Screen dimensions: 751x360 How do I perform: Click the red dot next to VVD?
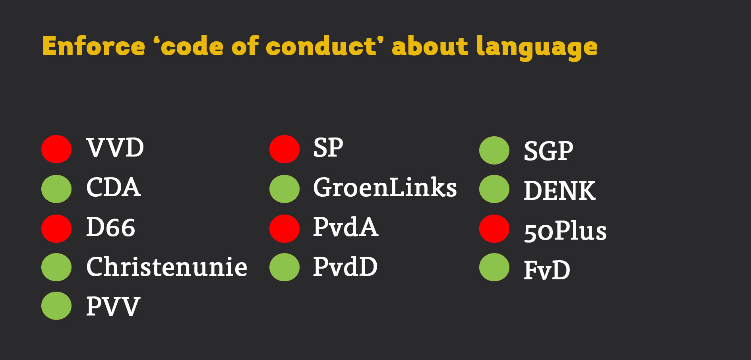tap(56, 149)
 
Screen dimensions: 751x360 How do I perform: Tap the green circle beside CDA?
tap(56, 189)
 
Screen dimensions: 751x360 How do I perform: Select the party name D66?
tap(111, 227)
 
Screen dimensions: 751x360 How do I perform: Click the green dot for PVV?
tap(56, 306)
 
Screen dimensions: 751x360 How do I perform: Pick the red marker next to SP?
tap(285, 149)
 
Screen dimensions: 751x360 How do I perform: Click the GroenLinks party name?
tap(385, 187)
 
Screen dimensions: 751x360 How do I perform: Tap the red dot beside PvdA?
tap(285, 228)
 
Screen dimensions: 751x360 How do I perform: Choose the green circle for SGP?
tap(494, 150)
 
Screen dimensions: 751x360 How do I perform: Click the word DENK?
tap(559, 191)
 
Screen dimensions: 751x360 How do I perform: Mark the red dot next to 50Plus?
tap(494, 228)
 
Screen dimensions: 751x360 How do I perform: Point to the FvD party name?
tap(547, 270)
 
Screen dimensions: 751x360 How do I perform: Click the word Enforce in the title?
tap(94, 46)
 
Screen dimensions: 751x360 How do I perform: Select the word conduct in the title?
tap(321, 46)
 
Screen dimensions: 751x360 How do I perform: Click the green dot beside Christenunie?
tap(56, 267)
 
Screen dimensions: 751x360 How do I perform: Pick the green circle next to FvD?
tap(494, 267)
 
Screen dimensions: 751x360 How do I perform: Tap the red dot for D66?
tap(56, 228)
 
